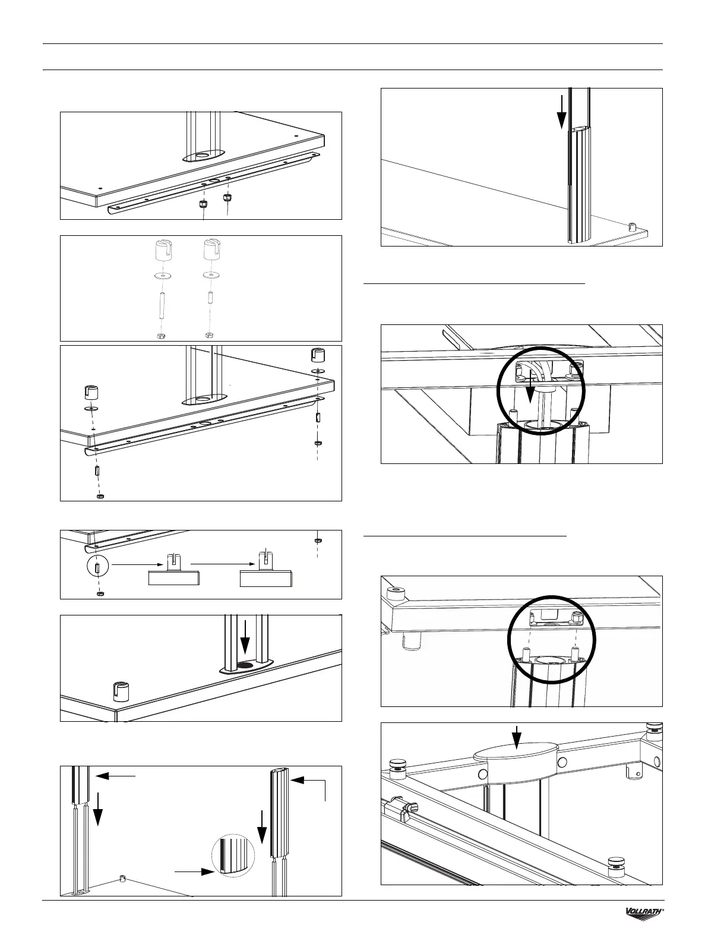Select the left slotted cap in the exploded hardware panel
pyautogui.click(x=160, y=251)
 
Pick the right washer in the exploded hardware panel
pyautogui.click(x=208, y=276)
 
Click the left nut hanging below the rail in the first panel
pyautogui.click(x=203, y=203)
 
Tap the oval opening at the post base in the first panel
pyautogui.click(x=202, y=156)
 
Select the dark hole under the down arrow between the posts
pyautogui.click(x=244, y=664)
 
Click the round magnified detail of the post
pyautogui.click(x=233, y=856)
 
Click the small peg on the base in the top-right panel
pyautogui.click(x=633, y=226)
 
